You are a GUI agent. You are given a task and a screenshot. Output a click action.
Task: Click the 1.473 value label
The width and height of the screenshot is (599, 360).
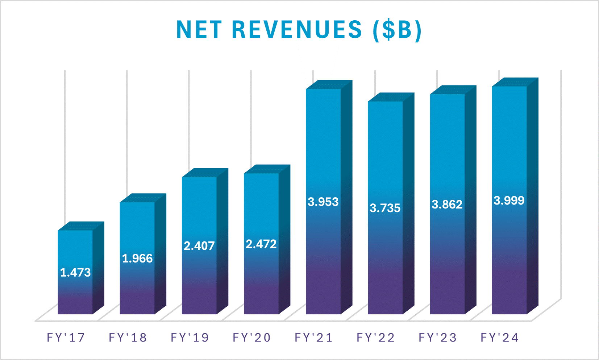75,272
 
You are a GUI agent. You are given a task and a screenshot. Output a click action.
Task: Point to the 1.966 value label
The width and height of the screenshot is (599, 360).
137,258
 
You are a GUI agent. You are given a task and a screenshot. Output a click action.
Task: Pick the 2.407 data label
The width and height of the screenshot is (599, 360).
199,246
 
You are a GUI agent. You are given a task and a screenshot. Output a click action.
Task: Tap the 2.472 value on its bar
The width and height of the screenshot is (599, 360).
261,244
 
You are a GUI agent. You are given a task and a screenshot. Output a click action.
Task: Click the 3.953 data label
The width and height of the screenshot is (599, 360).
323,202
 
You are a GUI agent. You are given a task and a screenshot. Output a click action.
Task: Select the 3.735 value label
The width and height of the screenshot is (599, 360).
385,208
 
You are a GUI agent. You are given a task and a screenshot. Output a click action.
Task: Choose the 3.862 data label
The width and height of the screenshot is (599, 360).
447,204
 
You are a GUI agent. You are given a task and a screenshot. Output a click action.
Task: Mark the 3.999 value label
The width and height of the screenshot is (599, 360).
509,200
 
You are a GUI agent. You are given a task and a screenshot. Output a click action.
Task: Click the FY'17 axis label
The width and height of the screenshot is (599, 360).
66,338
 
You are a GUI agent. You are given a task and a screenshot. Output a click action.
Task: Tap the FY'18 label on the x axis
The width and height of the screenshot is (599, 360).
128,338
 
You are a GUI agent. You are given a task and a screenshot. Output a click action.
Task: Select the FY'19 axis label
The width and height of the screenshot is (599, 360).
190,338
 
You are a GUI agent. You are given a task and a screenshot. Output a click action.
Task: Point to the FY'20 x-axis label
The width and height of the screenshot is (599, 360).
252,338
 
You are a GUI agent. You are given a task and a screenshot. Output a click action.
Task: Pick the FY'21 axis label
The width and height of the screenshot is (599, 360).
314,338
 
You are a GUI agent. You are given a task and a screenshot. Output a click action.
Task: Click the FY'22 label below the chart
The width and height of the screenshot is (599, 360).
376,338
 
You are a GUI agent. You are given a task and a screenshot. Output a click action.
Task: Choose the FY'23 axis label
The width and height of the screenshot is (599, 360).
438,338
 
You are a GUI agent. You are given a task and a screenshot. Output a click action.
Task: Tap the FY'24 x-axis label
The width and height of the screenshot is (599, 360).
500,338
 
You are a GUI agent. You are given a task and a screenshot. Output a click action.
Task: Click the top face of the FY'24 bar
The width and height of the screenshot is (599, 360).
515,82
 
